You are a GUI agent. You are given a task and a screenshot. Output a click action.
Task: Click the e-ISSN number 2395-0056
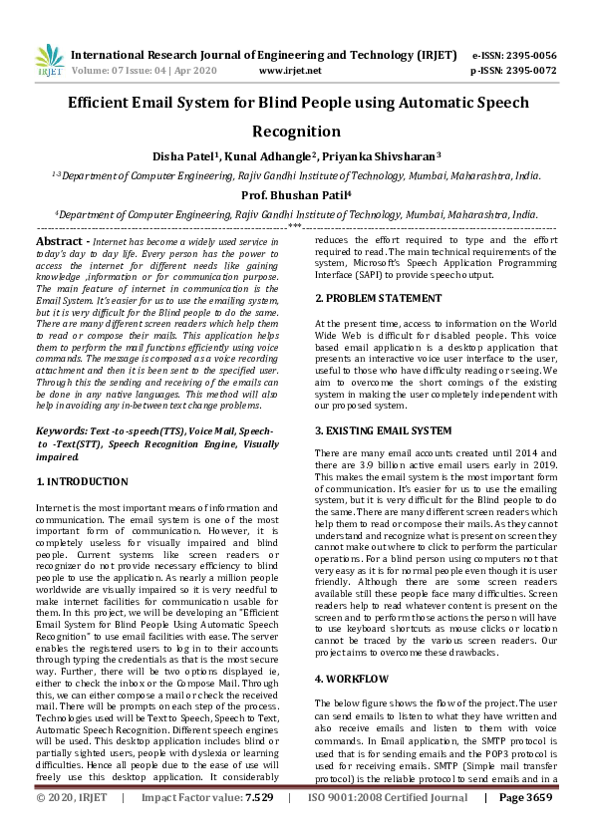click(x=528, y=55)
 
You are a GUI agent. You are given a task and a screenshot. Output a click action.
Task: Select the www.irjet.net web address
click(x=289, y=72)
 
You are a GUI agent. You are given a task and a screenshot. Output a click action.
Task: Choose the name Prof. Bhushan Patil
click(x=296, y=195)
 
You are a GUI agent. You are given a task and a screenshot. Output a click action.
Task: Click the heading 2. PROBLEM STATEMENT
click(x=378, y=298)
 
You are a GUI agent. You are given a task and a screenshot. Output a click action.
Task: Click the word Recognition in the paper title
click(x=296, y=132)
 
